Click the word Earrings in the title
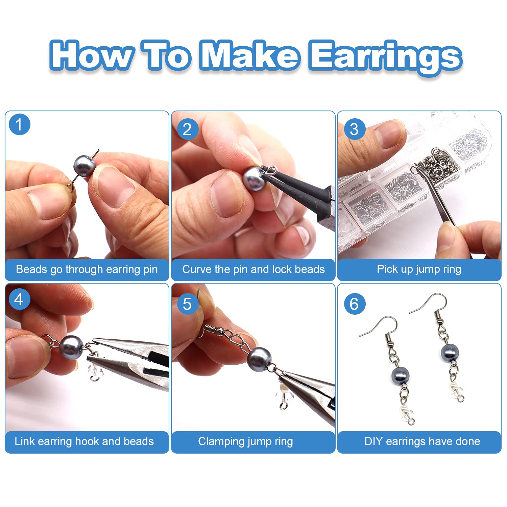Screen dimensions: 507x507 pos(385,57)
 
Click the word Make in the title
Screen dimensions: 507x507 pos(249,55)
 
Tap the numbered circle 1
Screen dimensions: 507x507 pos(19,124)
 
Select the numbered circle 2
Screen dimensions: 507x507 pos(187,129)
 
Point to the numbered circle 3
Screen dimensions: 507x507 pos(354,129)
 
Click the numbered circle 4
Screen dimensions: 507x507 pos(19,299)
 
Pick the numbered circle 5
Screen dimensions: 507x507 pos(187,304)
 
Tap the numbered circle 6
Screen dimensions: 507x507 pos(354,304)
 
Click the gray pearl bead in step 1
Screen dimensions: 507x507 pos(84,166)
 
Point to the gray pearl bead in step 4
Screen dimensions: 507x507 pos(71,347)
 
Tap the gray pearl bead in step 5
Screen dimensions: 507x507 pos(259,359)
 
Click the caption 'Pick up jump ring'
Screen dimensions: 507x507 pos(419,269)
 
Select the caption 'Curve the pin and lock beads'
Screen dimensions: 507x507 pos(253,269)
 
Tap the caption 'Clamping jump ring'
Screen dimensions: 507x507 pos(245,441)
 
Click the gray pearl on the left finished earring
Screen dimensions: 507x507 pos(400,376)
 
